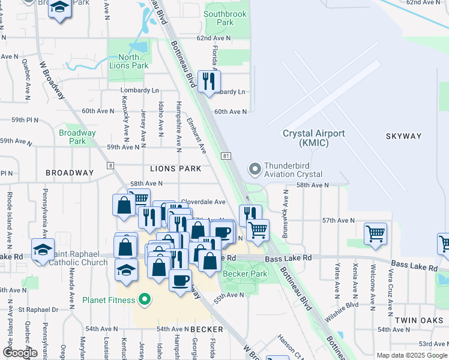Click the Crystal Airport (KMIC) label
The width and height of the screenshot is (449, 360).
[313, 139]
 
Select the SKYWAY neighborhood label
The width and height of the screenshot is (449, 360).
[404, 136]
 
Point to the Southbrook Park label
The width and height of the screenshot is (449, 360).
[225, 18]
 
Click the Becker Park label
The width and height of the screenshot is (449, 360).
[244, 274]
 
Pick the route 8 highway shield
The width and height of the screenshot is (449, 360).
[110, 165]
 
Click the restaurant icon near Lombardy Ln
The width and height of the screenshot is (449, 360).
[209, 82]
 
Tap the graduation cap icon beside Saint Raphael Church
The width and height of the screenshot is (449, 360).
[43, 250]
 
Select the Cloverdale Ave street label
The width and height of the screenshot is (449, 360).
[203, 202]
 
